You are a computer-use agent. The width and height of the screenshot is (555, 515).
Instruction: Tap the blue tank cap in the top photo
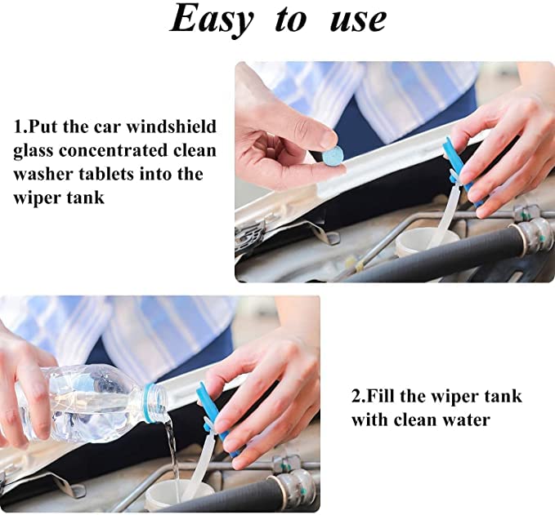(454, 163)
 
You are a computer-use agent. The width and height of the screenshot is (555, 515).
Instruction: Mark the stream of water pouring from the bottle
(172, 453)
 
